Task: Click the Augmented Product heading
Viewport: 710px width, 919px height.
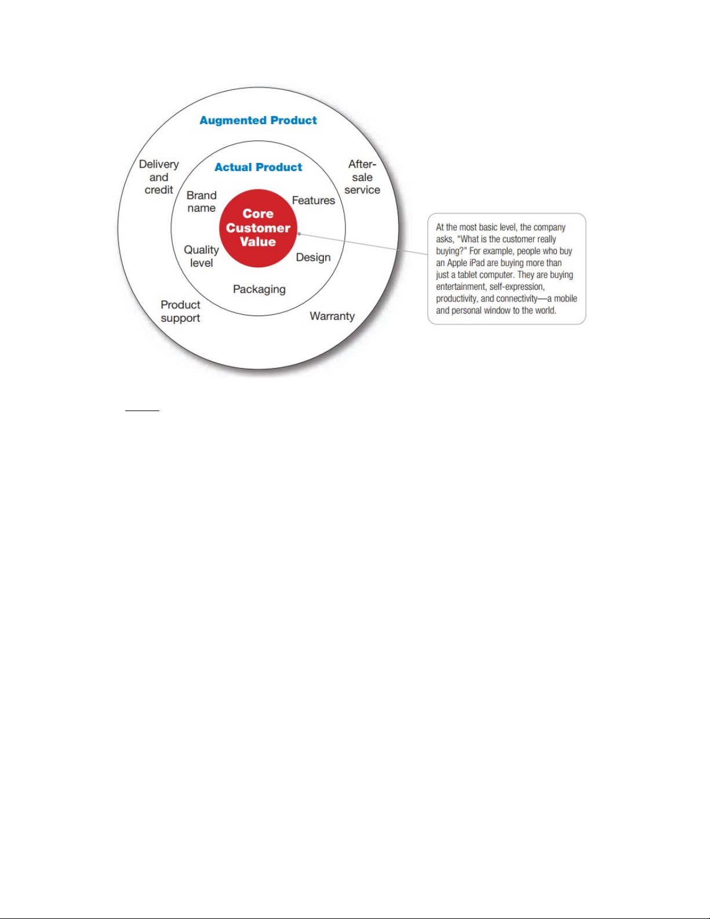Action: coord(258,121)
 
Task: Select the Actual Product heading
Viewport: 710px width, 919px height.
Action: coord(258,168)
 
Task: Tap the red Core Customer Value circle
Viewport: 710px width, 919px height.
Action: coord(258,228)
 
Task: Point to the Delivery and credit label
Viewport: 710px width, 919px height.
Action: coord(159,177)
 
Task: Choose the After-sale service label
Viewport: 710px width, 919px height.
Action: coord(362,177)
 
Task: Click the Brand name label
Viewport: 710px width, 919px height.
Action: coord(201,202)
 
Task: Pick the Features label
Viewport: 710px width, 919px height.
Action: coord(313,201)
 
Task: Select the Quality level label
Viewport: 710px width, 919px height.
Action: coord(201,256)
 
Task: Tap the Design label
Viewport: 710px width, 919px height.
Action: coord(313,257)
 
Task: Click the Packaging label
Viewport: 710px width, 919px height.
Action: coord(259,289)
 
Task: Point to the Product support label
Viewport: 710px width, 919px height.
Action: coord(180,311)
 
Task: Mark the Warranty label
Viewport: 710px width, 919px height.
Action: coord(332,317)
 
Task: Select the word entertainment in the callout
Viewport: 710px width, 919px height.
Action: coord(461,287)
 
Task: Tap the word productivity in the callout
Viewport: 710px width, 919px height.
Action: coord(457,299)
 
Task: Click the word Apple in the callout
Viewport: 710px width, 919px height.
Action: coord(457,263)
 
